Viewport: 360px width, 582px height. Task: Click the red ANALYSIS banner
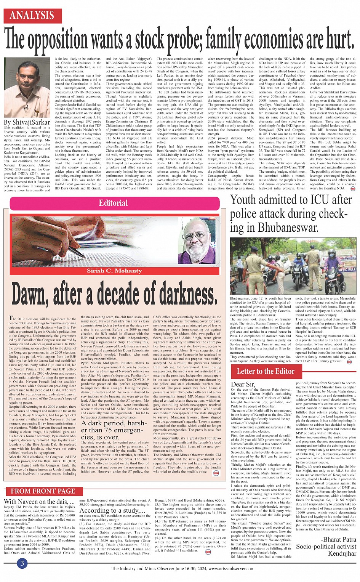32,15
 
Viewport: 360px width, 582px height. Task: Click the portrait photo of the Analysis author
27,88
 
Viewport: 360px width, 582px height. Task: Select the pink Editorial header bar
113,203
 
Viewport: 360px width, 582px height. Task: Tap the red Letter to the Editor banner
266,371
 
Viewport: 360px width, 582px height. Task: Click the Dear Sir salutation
243,384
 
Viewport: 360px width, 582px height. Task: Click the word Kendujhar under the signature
342,553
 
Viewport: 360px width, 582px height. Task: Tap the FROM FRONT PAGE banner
43,491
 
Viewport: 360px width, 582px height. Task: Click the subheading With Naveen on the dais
39,502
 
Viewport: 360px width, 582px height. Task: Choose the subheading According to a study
112,510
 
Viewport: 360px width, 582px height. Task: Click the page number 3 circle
22,564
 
